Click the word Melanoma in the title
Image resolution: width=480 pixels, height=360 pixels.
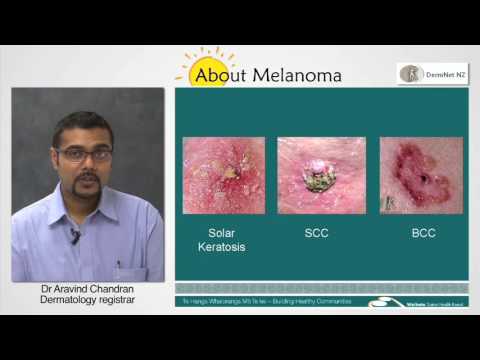click(x=298, y=75)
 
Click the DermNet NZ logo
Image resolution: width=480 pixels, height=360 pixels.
click(x=432, y=73)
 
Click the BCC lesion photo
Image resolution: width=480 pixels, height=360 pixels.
click(x=421, y=175)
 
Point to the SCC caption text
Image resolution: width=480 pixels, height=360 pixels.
click(x=317, y=233)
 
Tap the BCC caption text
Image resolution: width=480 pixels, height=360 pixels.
click(x=422, y=233)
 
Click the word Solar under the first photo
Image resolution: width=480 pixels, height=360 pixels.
click(x=219, y=233)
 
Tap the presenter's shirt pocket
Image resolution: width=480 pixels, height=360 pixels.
click(x=120, y=262)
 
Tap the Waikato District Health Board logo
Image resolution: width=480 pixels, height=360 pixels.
click(x=420, y=299)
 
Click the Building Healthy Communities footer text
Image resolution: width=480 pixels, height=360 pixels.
click(x=290, y=299)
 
